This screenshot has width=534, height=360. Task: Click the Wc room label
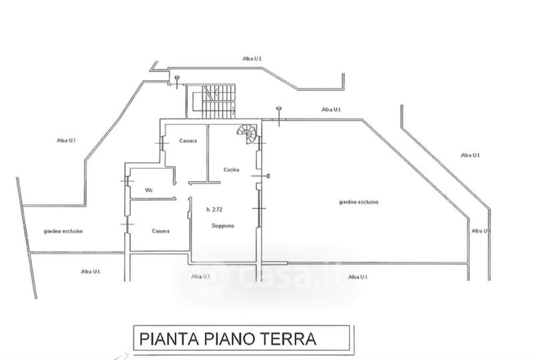pos(150,190)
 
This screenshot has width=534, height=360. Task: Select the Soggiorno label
pos(223,225)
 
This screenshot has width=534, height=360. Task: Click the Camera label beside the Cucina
pos(188,140)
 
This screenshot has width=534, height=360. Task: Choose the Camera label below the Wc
pos(161,231)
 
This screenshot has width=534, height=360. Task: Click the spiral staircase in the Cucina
pos(247,134)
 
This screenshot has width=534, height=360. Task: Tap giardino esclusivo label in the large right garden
pos(358,202)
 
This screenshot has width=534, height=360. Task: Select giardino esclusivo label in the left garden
pos(63,231)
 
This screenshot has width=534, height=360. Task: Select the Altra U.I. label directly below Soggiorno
pos(201,276)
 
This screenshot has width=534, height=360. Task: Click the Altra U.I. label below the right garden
pos(359,276)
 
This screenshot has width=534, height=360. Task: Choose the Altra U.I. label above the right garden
pos(332,109)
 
